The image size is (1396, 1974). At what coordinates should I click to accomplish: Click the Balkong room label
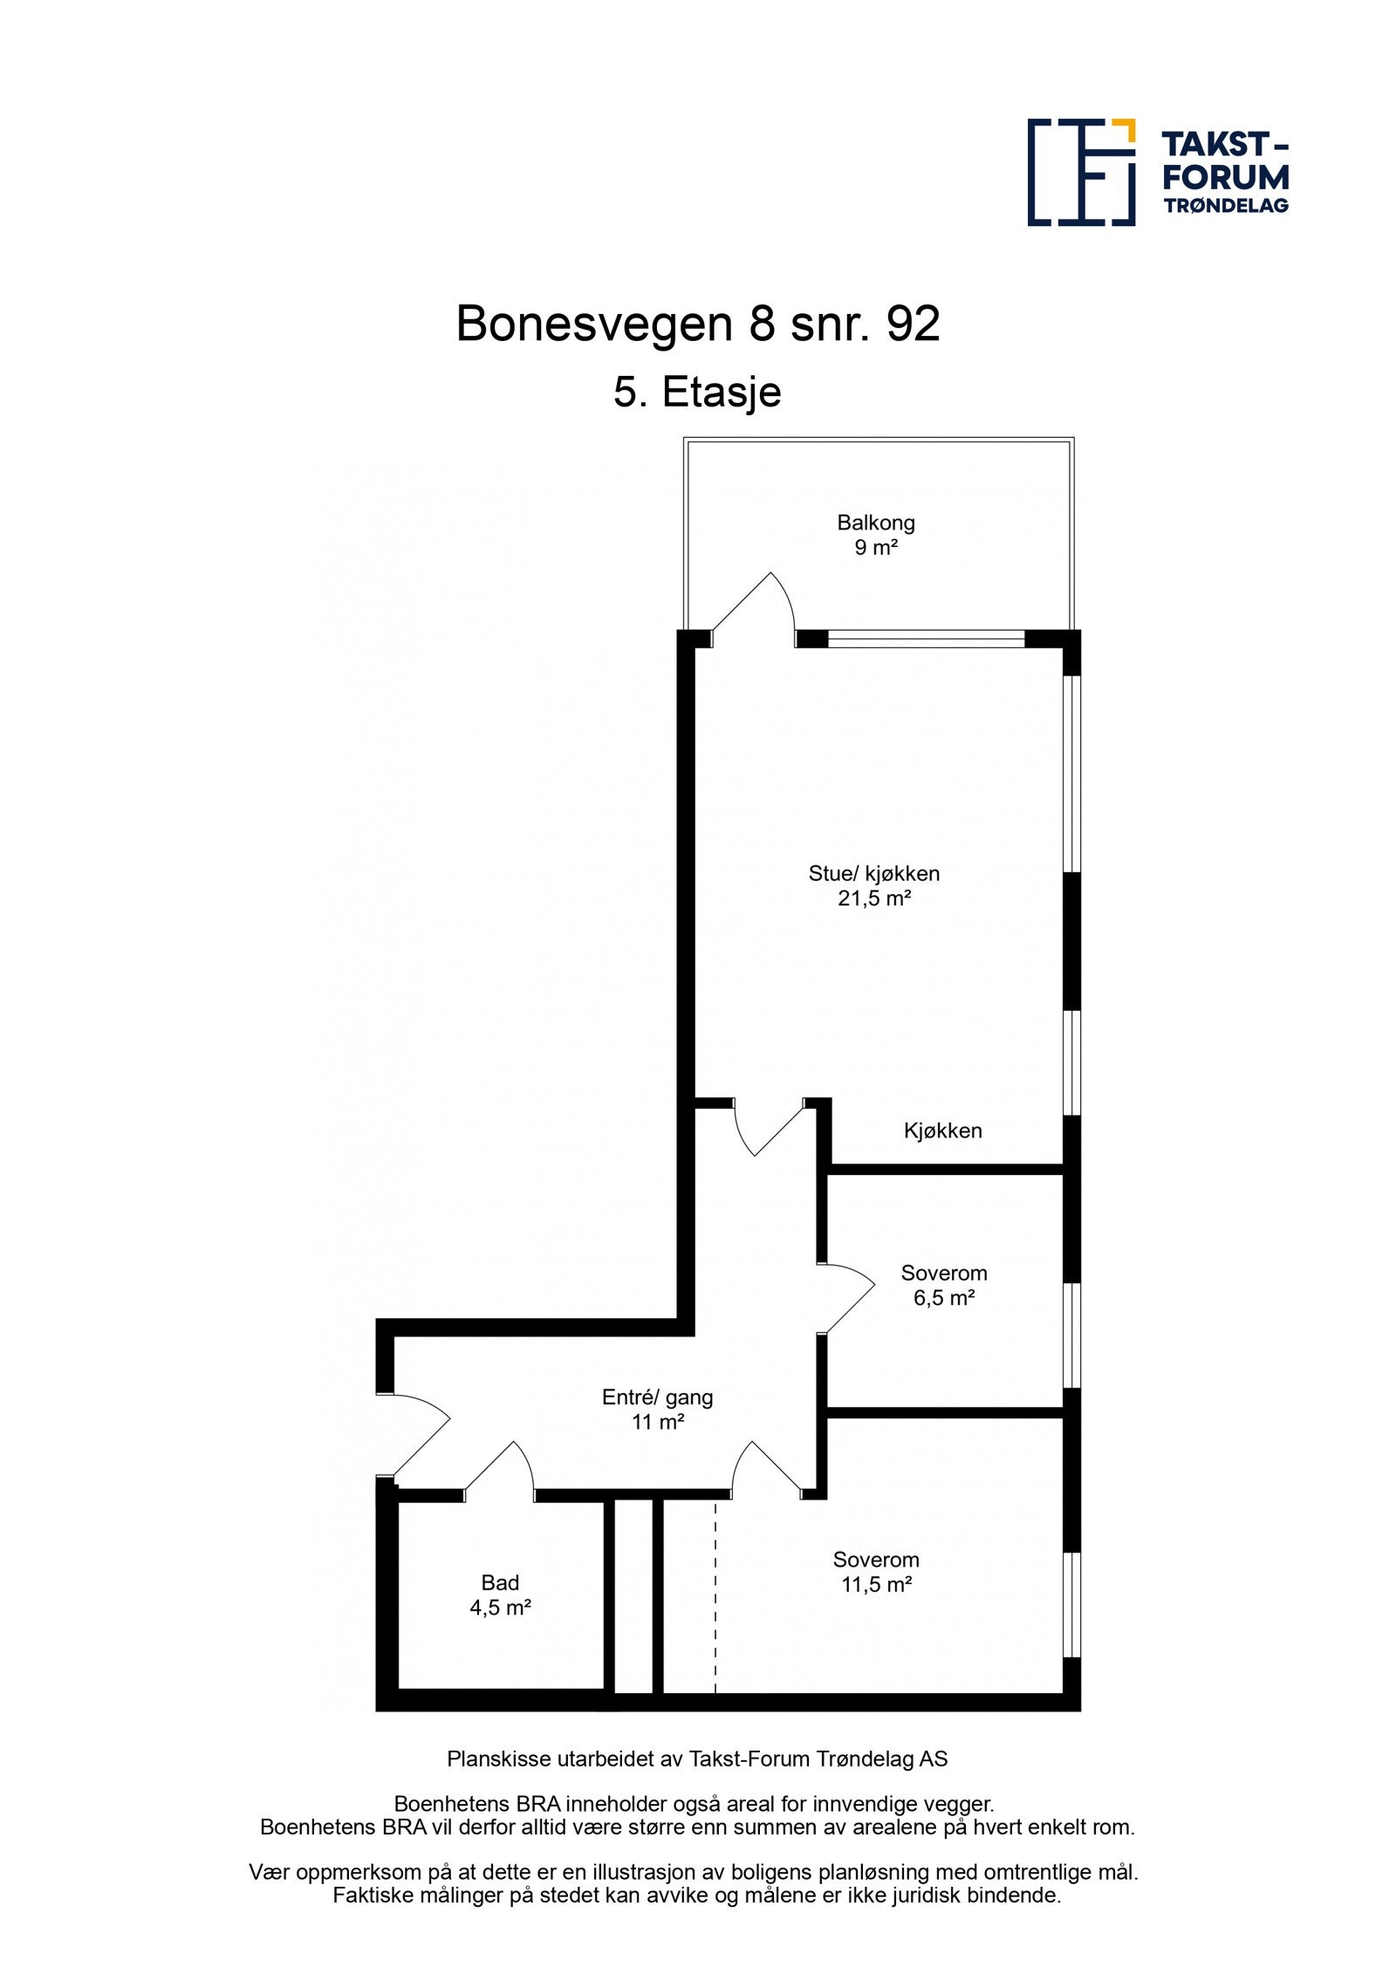point(875,523)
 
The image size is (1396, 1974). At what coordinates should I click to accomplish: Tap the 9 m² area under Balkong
point(875,548)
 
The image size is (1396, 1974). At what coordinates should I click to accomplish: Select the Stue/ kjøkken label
point(873,873)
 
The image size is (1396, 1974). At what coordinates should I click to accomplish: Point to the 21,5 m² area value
point(873,898)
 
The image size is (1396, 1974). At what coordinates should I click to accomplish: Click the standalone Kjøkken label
point(942,1130)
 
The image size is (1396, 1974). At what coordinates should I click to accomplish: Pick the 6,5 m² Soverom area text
point(943,1298)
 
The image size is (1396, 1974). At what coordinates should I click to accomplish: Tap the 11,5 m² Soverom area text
point(875,1585)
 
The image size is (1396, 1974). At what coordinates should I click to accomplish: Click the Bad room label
point(500,1582)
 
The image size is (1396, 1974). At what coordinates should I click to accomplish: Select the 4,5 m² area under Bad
point(500,1608)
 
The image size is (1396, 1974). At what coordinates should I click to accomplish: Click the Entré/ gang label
point(657,1397)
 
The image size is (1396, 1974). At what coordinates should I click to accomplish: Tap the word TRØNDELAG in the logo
point(1225,206)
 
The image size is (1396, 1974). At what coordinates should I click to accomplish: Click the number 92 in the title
point(913,324)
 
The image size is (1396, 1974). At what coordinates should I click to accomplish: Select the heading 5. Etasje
point(697,392)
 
